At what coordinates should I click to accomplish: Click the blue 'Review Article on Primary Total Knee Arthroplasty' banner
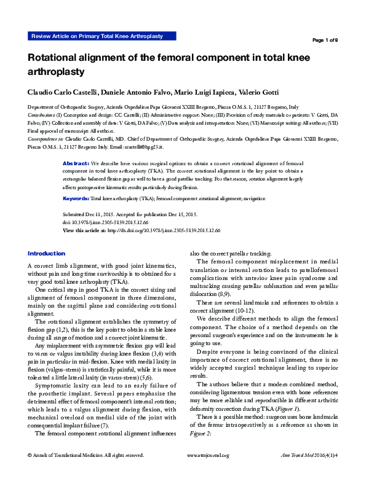coord(96,36)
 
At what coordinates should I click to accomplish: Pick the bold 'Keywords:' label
coord(76,182)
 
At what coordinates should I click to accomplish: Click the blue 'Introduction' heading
coord(46,253)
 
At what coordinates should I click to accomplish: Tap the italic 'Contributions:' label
coord(42,114)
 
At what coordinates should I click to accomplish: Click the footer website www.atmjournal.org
coord(207,472)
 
